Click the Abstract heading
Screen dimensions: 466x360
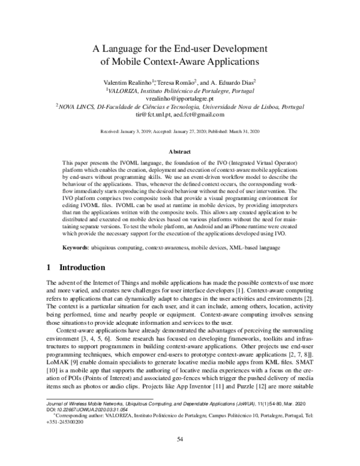coord(180,153)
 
